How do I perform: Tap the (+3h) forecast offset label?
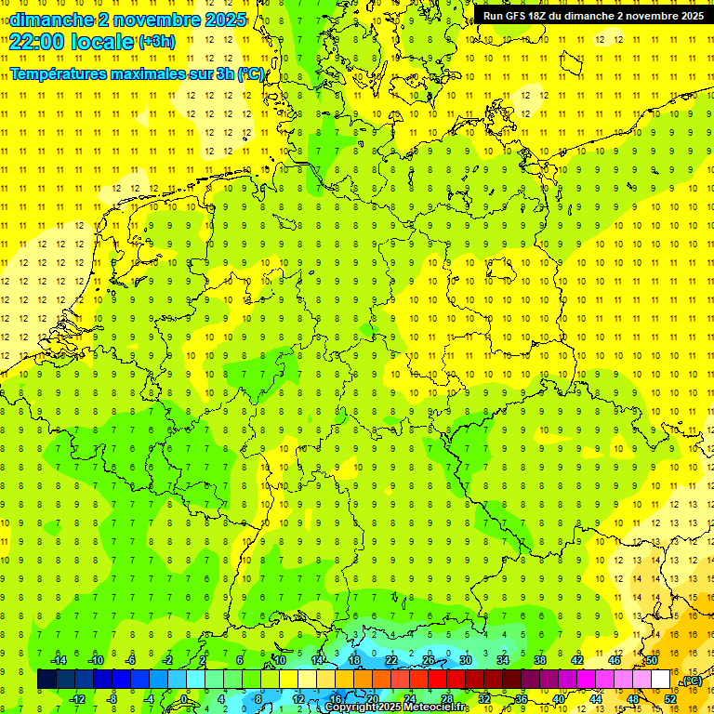[156, 42]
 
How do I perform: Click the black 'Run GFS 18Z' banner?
[593, 16]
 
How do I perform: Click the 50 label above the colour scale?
[652, 660]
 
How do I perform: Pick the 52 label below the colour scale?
[670, 699]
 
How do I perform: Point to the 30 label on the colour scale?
[465, 660]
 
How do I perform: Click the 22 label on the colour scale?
[390, 660]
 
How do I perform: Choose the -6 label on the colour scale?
[131, 660]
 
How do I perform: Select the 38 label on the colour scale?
[539, 660]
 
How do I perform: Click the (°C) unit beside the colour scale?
[692, 681]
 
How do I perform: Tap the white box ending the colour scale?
[661, 680]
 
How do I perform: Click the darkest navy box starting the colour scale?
[47, 680]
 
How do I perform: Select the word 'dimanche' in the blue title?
[48, 19]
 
